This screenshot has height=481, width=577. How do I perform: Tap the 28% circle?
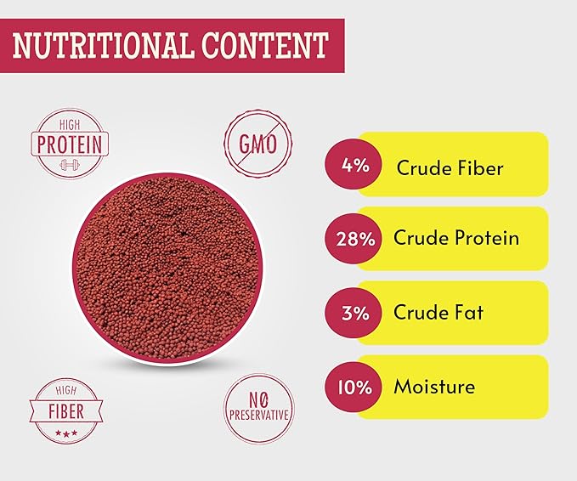[350, 239]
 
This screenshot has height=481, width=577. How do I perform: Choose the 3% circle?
[350, 313]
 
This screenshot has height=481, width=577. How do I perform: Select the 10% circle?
[350, 388]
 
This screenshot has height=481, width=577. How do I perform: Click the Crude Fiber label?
[450, 167]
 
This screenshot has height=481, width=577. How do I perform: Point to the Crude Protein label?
[455, 238]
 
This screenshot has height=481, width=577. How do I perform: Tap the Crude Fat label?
[438, 312]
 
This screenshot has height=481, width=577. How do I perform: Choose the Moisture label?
[433, 388]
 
